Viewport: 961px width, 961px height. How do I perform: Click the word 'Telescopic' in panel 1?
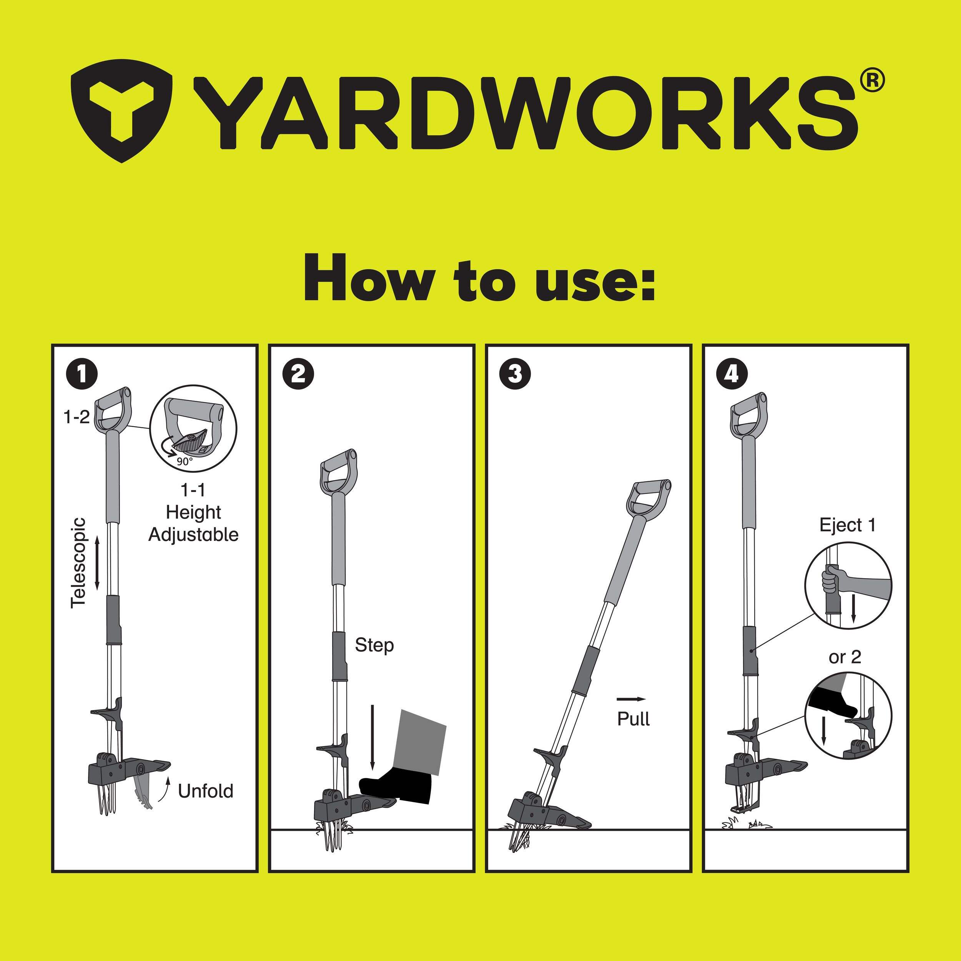78,563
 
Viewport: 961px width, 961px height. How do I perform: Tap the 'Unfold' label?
205,791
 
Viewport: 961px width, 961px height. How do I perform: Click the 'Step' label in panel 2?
374,645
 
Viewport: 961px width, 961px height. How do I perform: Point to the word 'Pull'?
633,719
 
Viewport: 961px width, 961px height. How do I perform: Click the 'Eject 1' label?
848,525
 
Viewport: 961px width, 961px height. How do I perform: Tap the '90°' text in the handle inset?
184,461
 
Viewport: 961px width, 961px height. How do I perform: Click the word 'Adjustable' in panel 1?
193,535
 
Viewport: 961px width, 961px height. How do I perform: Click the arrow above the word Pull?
631,699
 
